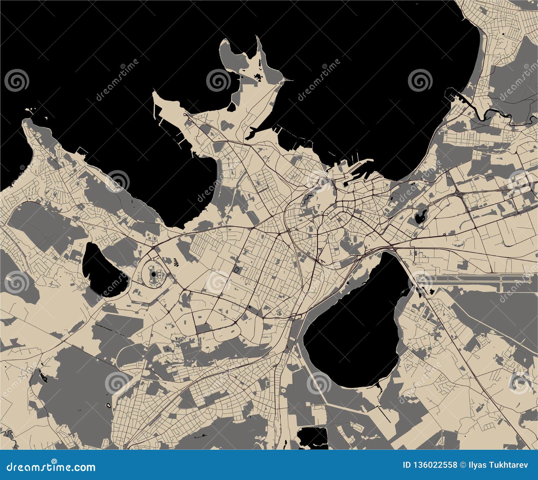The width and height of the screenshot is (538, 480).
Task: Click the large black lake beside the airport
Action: [x=353, y=323]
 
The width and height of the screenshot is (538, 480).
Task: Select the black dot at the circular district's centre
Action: [x=154, y=274]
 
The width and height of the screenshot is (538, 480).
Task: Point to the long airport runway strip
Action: [x=471, y=278]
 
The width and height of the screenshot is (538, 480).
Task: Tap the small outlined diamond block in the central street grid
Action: [x=237, y=269]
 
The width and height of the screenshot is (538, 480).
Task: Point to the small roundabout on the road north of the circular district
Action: [x=153, y=248]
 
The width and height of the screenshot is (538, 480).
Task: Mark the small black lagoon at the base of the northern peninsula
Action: [x=232, y=107]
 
